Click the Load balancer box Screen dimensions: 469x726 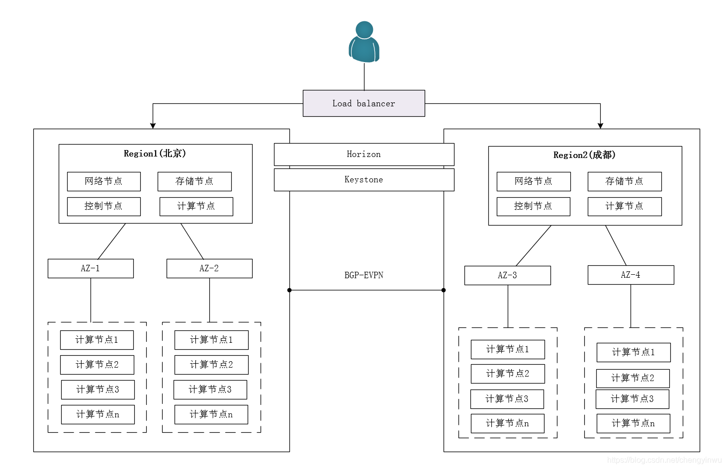point(363,103)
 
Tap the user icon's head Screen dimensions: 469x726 point(364,30)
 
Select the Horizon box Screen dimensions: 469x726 point(364,155)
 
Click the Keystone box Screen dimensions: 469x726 point(364,180)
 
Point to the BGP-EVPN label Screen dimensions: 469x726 point(364,275)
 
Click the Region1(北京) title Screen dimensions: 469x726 point(155,154)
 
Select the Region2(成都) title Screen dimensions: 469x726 point(584,155)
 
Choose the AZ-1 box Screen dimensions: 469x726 point(91,268)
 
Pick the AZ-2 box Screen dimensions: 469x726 point(209,268)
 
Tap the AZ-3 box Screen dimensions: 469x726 point(507,275)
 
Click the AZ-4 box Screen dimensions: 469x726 point(631,275)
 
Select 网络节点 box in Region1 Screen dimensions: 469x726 point(103,181)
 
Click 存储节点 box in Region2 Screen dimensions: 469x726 point(625,181)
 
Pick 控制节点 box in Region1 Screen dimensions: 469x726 point(103,206)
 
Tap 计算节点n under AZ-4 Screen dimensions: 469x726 point(633,423)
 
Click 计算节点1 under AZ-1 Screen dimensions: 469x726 point(97,340)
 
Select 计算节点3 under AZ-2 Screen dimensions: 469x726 point(210,390)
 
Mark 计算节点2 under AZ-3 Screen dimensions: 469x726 point(508,374)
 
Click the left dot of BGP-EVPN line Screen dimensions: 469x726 point(289,290)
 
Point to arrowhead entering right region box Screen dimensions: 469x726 point(600,126)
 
